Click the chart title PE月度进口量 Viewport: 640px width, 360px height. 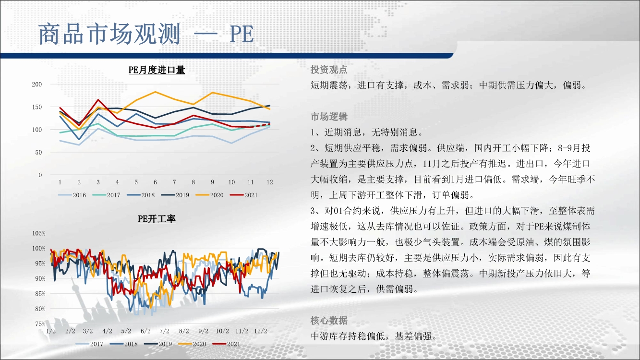click(157, 70)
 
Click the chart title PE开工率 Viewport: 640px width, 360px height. click(157, 219)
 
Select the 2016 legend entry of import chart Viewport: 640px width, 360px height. click(72, 195)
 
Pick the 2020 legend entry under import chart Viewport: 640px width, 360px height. click(209, 195)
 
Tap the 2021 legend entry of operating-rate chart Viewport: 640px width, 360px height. click(226, 344)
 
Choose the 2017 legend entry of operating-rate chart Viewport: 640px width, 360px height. click(89, 344)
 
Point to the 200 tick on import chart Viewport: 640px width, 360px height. click(37, 84)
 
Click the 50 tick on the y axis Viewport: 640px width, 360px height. click(38, 152)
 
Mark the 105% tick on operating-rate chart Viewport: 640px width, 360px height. click(39, 233)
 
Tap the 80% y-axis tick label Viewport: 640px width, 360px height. click(40, 309)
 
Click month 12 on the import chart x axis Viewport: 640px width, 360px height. click(270, 182)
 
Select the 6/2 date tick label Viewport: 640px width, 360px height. click(145, 331)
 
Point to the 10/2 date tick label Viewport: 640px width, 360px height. click(222, 331)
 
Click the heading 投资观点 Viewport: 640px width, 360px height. click(329, 70)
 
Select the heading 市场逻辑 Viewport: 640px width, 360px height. click(329, 117)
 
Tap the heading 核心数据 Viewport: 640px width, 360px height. click(329, 321)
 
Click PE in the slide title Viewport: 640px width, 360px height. click(242, 35)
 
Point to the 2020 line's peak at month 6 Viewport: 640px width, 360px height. click(155, 92)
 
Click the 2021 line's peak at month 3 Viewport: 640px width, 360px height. click(98, 100)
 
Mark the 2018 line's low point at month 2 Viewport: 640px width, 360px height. click(79, 139)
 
